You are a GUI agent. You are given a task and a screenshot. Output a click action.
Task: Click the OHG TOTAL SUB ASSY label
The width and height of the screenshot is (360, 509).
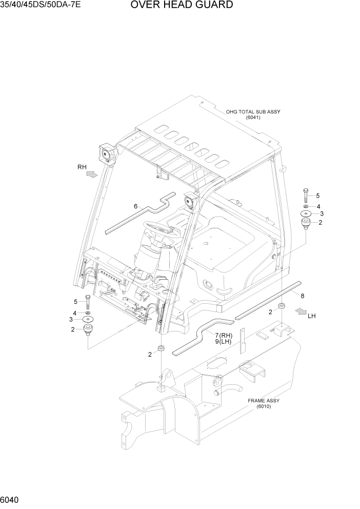(253, 111)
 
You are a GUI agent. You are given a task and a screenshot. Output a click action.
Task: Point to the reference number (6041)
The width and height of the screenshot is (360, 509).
(253, 118)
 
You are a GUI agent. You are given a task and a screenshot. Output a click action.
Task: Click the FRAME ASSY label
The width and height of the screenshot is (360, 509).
(264, 401)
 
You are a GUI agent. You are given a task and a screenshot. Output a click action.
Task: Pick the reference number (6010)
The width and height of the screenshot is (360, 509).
(264, 407)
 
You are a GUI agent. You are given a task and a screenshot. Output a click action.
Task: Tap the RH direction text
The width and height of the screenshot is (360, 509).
(82, 167)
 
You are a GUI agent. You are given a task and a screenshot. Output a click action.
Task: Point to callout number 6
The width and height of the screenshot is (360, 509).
(135, 206)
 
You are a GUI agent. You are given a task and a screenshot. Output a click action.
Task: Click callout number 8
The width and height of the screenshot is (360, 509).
(303, 295)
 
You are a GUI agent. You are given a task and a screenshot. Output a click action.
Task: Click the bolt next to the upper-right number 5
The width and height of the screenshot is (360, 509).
(306, 195)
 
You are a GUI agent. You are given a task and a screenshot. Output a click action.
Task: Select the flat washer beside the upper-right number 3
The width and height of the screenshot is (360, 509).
(306, 213)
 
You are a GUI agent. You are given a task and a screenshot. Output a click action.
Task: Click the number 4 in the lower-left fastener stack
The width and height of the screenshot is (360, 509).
(75, 312)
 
